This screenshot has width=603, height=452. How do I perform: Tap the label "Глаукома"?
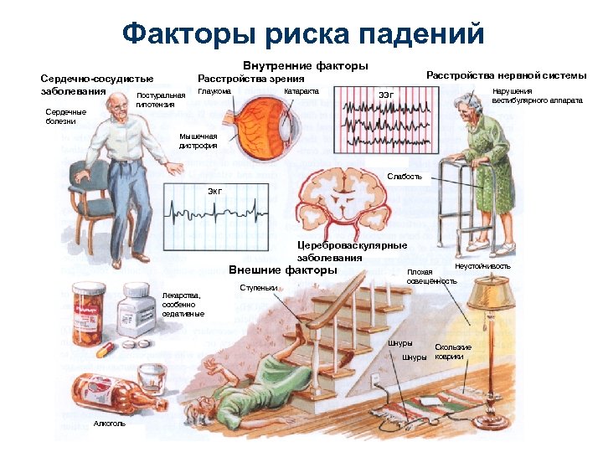click(214, 91)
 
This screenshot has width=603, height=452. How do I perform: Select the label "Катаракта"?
click(301, 90)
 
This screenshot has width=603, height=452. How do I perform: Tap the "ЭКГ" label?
click(215, 192)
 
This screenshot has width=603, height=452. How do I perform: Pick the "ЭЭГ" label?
click(386, 94)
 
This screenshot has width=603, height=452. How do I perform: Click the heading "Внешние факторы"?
click(283, 270)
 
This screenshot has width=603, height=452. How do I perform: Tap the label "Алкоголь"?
click(109, 424)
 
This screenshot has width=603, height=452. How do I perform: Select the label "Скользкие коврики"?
click(453, 352)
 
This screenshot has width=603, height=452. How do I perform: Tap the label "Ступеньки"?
click(258, 287)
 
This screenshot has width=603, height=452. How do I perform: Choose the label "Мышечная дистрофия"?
click(198, 141)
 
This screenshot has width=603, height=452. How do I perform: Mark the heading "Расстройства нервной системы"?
click(506, 76)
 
